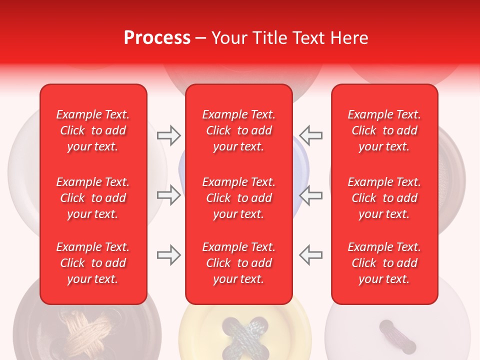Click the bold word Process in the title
[157, 38]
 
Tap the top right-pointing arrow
[169, 135]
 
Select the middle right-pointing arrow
[169, 195]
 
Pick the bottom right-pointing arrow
[169, 255]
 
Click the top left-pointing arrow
[310, 135]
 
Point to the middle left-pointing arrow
[310, 195]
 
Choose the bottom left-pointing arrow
[310, 255]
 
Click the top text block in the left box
[93, 130]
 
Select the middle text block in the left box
[93, 198]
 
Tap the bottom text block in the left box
[93, 263]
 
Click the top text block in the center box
[238, 130]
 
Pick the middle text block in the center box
[238, 198]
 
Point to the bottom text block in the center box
[238, 263]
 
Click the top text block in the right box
[384, 130]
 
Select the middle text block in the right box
[384, 198]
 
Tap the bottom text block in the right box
[384, 263]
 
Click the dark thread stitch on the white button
[397, 335]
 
